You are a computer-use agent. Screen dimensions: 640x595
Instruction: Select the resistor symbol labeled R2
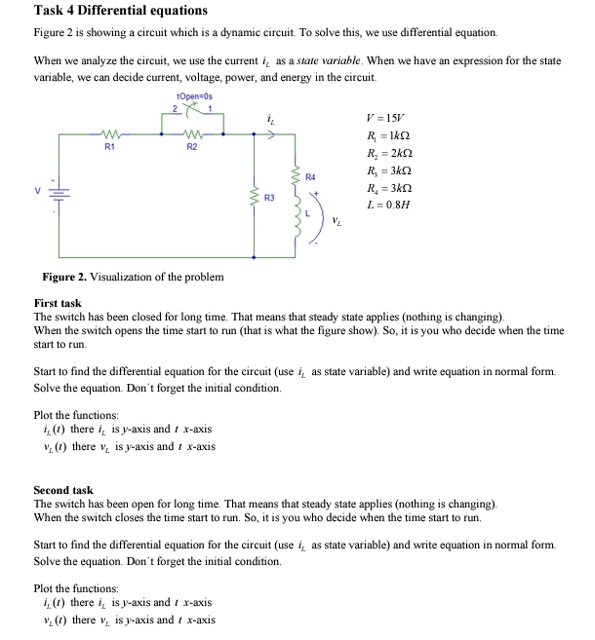192,136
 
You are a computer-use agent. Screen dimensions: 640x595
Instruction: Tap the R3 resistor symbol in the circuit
256,198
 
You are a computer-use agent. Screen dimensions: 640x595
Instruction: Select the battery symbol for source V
65,195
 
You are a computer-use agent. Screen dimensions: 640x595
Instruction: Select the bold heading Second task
63,490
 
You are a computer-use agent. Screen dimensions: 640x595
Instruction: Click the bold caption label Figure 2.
61,277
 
